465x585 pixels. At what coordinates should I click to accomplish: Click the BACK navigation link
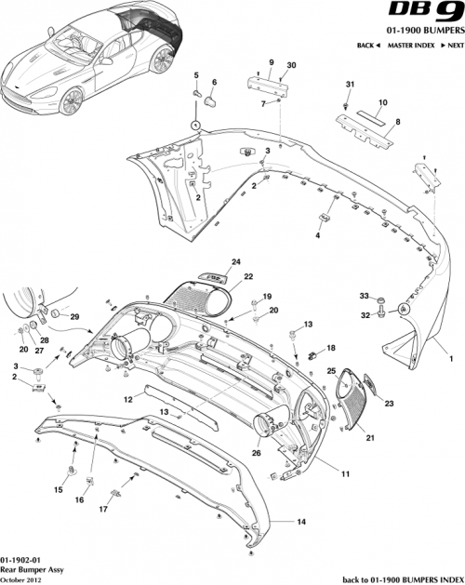[x=368, y=45]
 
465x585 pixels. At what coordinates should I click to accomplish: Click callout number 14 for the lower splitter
[x=300, y=522]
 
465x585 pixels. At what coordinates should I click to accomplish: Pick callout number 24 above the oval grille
[x=235, y=261]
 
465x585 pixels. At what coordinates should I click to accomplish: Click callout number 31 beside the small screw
[x=350, y=86]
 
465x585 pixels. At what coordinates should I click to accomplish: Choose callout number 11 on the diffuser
[x=344, y=474]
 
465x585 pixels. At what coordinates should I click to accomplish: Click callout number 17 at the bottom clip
[x=103, y=510]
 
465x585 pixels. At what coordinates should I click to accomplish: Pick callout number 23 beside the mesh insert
[x=389, y=404]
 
